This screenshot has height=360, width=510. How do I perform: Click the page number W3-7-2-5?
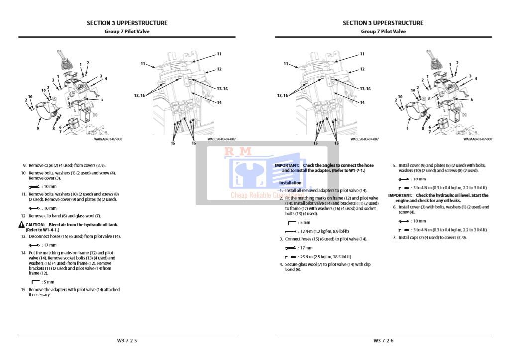coord(127,341)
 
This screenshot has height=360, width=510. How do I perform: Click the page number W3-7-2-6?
coord(383,341)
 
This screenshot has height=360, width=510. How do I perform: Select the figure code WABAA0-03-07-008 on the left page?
coord(108,139)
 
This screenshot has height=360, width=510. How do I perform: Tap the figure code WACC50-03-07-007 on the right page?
coord(364,139)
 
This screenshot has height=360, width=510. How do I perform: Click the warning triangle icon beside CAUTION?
coord(21,225)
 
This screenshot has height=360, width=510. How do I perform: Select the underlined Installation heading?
coord(290,183)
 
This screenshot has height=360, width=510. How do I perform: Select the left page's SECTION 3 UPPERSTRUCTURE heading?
coord(127,23)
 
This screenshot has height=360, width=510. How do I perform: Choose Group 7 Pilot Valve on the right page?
coord(383,31)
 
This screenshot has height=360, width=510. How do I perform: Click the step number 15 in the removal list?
coord(23,289)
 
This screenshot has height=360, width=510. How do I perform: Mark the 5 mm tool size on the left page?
coord(48,282)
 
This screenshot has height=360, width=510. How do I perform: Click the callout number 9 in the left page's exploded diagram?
coord(37,128)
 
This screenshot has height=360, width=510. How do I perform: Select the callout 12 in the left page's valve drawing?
coord(219,69)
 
